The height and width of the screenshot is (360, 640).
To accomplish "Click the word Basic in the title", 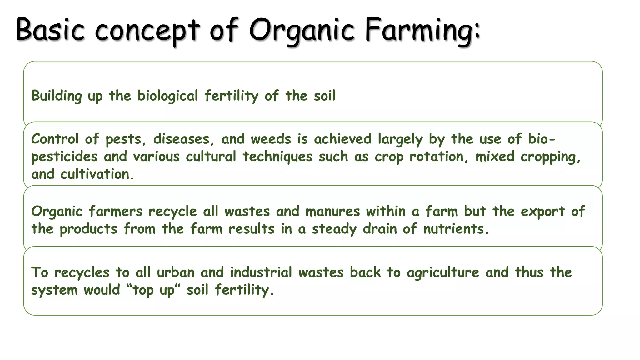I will (50, 30).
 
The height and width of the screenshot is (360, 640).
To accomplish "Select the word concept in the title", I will (147, 31).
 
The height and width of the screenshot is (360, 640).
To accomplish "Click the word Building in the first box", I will (57, 96).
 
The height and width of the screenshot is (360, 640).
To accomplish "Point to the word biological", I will (167, 96).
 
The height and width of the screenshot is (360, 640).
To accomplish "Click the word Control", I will (55, 139).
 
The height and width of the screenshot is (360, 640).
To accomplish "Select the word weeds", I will (271, 139).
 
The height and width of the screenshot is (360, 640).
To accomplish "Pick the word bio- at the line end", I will (542, 139).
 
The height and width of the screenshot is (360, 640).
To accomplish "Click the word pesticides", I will (64, 157).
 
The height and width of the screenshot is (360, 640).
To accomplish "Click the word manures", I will (332, 212).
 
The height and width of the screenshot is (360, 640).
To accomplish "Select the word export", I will (543, 212).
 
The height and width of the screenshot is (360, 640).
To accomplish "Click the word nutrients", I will (455, 229).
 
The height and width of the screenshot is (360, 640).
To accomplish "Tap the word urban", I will (175, 272).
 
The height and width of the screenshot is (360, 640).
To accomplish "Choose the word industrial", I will (261, 272).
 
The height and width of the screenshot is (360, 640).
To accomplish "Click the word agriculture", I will (443, 272).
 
